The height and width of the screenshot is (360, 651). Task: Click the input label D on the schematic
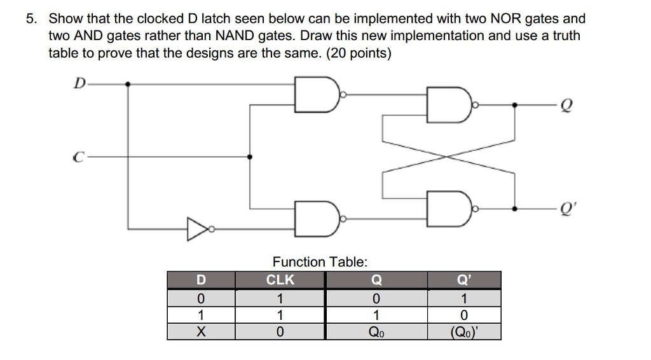click(x=79, y=83)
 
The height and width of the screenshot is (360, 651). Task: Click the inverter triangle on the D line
click(x=196, y=229)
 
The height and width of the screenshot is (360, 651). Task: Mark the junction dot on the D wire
click(x=128, y=83)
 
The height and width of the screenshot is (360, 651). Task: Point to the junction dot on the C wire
click(x=249, y=156)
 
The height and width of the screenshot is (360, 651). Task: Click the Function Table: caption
click(x=320, y=261)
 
